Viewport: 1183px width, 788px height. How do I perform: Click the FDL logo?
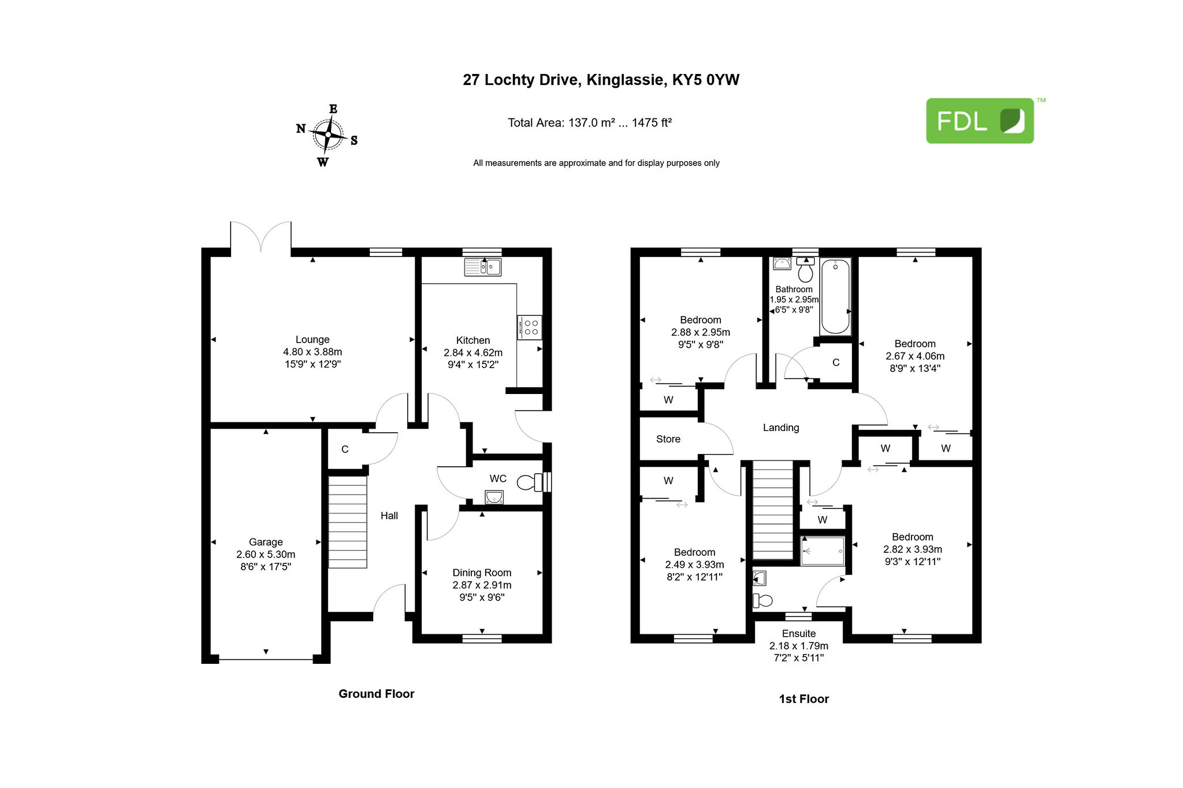click(980, 121)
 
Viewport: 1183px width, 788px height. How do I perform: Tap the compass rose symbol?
click(328, 135)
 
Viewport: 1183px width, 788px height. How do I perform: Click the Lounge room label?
click(313, 340)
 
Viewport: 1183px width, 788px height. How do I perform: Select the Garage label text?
click(266, 542)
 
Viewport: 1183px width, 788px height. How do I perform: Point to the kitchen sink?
click(483, 267)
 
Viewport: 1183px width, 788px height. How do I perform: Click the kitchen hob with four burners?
click(530, 328)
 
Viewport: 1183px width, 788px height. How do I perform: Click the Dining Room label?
click(482, 573)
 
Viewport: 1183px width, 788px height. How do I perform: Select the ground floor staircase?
click(348, 522)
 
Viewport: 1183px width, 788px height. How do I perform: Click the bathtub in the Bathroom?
click(835, 297)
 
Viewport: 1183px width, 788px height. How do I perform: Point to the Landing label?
click(781, 428)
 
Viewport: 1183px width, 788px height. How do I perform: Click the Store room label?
click(668, 439)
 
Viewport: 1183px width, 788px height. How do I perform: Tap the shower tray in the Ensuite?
click(823, 551)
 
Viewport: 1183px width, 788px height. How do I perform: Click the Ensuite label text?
click(799, 634)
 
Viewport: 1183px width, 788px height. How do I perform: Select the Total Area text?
click(590, 122)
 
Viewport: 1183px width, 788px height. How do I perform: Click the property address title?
click(601, 80)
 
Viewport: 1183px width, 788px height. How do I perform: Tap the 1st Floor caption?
click(804, 699)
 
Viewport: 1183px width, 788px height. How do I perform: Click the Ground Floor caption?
click(377, 694)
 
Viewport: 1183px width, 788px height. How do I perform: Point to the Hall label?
click(389, 516)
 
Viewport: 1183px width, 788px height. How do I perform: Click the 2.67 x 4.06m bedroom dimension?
click(915, 356)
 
